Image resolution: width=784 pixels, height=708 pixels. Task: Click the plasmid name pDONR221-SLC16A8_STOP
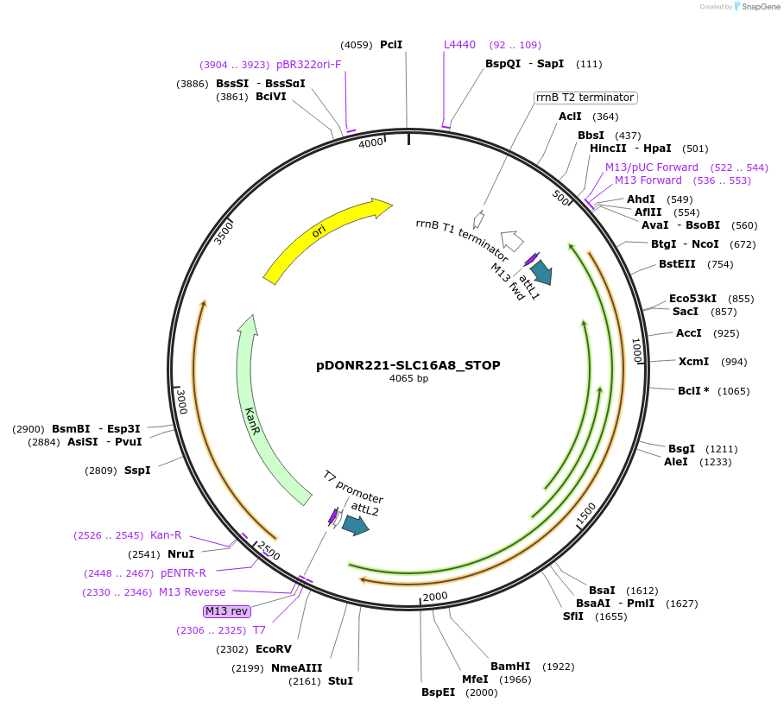tap(408, 365)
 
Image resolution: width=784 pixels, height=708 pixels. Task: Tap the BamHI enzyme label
tap(509, 667)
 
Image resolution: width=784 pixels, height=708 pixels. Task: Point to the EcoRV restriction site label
tap(274, 649)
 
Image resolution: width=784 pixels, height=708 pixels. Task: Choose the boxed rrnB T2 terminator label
tap(585, 98)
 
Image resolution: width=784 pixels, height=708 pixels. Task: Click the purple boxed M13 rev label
tap(227, 611)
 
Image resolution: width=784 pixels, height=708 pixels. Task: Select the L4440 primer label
tap(459, 45)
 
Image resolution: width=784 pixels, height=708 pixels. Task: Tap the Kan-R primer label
tap(166, 535)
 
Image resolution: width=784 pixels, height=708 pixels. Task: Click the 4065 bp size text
tap(408, 379)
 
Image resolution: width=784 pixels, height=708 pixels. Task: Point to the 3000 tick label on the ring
tap(181, 401)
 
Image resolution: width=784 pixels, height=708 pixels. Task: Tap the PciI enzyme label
tap(391, 45)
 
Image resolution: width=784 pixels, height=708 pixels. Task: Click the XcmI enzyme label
tap(693, 362)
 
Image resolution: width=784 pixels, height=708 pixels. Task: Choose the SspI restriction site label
tap(137, 471)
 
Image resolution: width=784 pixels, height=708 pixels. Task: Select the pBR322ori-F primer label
tap(308, 65)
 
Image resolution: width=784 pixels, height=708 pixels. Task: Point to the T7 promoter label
tap(353, 488)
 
